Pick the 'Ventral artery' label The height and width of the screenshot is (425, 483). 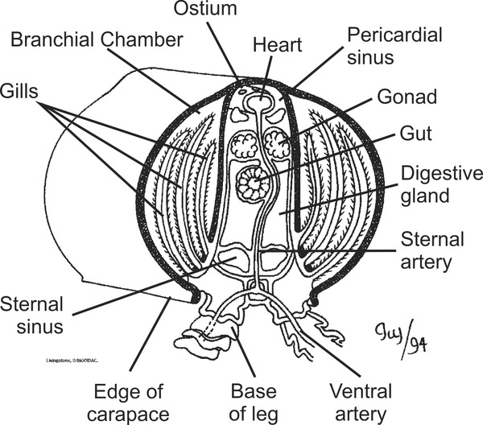[361, 402]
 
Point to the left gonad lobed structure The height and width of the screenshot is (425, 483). [243, 146]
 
